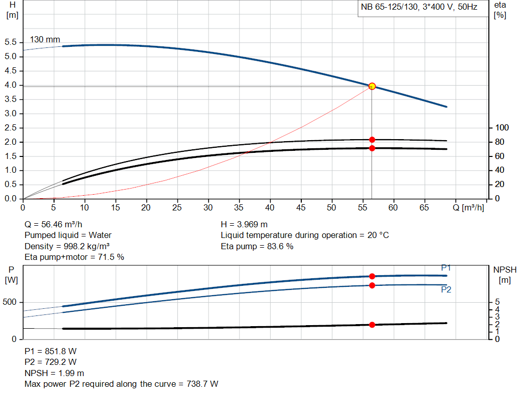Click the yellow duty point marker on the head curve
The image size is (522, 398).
pyautogui.click(x=372, y=86)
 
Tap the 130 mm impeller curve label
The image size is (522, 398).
pyautogui.click(x=45, y=39)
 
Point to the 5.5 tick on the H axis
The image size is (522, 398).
pyautogui.click(x=10, y=42)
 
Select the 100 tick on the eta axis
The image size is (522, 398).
pyautogui.click(x=503, y=127)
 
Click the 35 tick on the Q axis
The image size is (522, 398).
pyautogui.click(x=239, y=207)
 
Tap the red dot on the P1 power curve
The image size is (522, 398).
pyautogui.click(x=372, y=276)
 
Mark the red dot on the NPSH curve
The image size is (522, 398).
pyautogui.click(x=372, y=325)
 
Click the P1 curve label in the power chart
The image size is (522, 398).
pyautogui.click(x=446, y=268)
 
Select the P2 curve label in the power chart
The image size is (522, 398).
pyautogui.click(x=446, y=289)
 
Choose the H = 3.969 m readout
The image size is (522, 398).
pyautogui.click(x=244, y=224)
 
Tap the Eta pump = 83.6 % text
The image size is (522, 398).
pyautogui.click(x=257, y=247)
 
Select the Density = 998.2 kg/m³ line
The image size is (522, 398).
pyautogui.click(x=64, y=247)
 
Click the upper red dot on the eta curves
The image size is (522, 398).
pyautogui.click(x=372, y=140)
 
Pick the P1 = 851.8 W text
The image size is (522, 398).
pyautogui.click(x=50, y=351)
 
